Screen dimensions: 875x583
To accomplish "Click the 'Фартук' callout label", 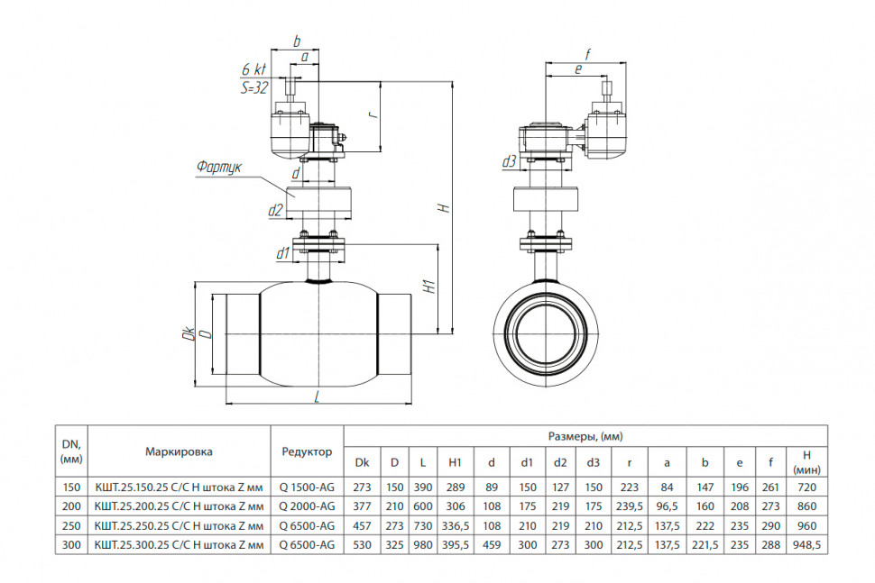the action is coord(219,168).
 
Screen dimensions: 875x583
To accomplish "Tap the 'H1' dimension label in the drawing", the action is coord(429,287).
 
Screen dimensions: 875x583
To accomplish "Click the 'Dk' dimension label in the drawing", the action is coord(189,333).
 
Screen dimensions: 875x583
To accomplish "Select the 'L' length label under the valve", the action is coord(318,396).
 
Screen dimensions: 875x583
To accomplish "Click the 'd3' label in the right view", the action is coord(510,161).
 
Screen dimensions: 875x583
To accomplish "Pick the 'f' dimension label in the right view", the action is coord(587,55).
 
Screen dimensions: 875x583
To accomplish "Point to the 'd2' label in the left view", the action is coord(276,210).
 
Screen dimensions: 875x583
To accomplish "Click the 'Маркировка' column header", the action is coord(180,451).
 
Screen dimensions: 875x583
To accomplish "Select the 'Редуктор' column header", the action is coord(307,451).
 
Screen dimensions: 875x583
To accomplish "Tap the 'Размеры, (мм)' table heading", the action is coord(585,436).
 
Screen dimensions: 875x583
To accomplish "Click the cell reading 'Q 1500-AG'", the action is coord(307,487).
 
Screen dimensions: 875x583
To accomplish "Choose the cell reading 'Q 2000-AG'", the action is coord(307,506).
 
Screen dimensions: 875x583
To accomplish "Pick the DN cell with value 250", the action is coord(71,525).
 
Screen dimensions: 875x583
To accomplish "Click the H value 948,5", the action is coord(807,545).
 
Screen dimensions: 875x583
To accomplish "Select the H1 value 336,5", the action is coord(456,525).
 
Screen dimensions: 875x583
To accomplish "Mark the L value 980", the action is coord(423,545).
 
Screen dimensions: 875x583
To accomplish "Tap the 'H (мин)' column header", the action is coord(807,462).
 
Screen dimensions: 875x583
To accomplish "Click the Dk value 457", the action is coord(362,525).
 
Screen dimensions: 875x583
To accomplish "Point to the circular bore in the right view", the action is coord(547,333).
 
